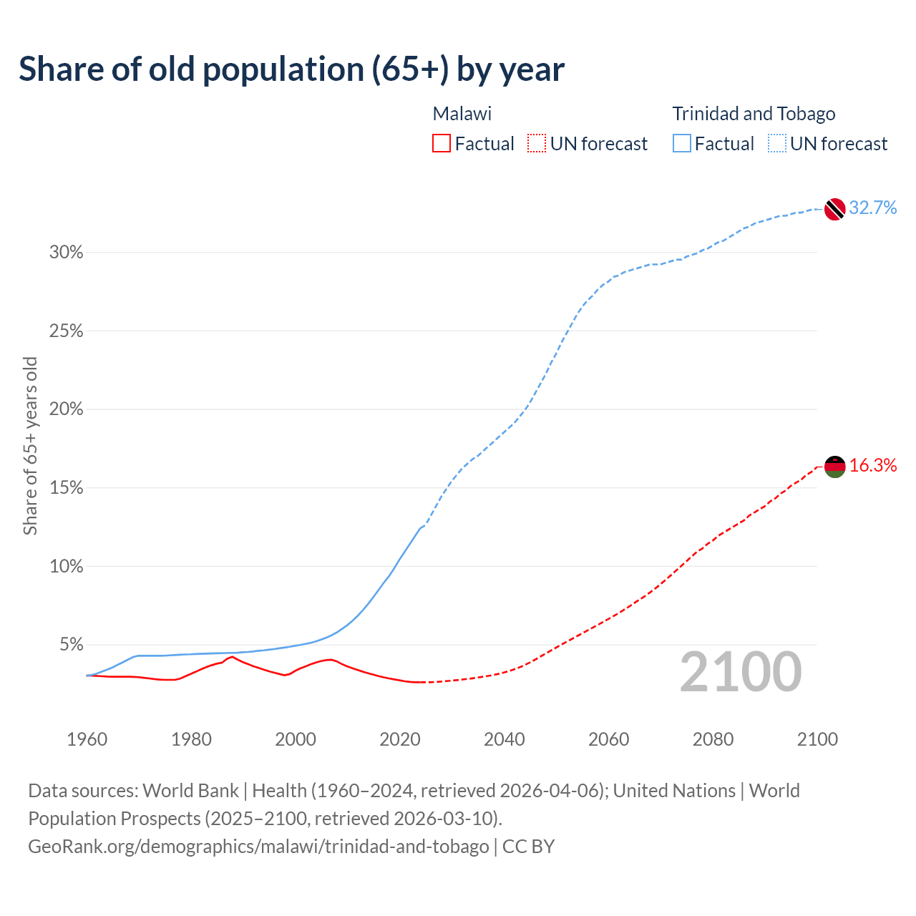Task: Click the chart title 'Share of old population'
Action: pyautogui.click(x=291, y=69)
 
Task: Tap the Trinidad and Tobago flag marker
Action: pyautogui.click(x=834, y=209)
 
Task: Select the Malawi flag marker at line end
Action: pyautogui.click(x=834, y=467)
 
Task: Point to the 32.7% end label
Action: pyautogui.click(x=873, y=208)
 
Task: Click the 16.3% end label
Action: pyautogui.click(x=873, y=466)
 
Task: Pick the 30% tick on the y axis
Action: pyautogui.click(x=67, y=253)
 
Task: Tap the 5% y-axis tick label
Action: pyautogui.click(x=71, y=645)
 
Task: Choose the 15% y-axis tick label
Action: pyautogui.click(x=67, y=488)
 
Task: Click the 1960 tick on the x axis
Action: pyautogui.click(x=87, y=739)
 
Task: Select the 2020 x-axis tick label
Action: pyautogui.click(x=400, y=739)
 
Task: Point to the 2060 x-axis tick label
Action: pyautogui.click(x=608, y=739)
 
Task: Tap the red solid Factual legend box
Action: pyautogui.click(x=442, y=144)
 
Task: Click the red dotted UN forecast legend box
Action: pyautogui.click(x=537, y=144)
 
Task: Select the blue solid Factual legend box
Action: pyautogui.click(x=682, y=144)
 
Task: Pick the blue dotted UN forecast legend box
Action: pyautogui.click(x=777, y=144)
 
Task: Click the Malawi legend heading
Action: pyautogui.click(x=462, y=114)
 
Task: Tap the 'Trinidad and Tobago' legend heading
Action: pyautogui.click(x=754, y=114)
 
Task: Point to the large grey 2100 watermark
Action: pyautogui.click(x=741, y=672)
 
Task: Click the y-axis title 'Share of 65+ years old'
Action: pyautogui.click(x=30, y=446)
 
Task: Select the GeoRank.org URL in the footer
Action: pyautogui.click(x=258, y=847)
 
